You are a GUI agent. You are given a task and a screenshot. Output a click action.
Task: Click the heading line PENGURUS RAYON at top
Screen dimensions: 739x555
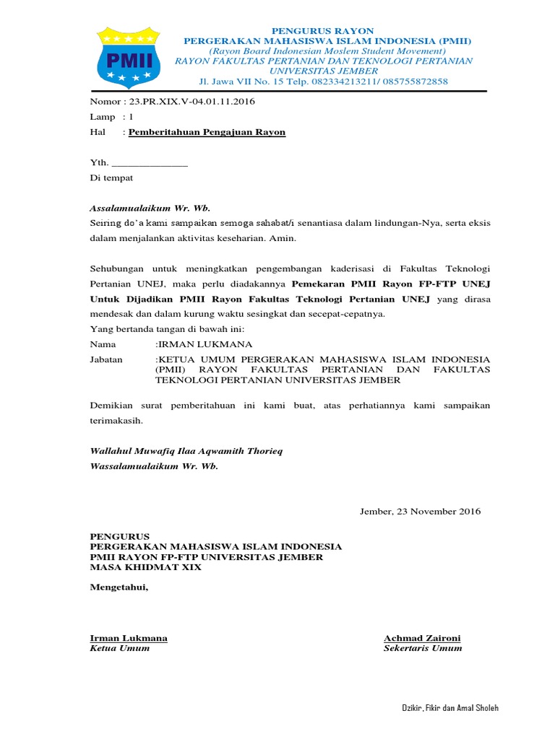323,31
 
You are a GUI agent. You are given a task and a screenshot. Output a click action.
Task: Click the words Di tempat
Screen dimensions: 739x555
111,178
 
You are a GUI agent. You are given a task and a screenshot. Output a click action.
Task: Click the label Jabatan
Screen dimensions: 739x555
106,359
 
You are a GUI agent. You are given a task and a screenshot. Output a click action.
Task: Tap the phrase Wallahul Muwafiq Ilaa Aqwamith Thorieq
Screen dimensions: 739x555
186,451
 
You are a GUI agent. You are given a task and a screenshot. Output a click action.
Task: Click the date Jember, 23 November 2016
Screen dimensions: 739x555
420,512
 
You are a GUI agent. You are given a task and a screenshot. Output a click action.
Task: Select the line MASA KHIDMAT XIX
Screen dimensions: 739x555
145,567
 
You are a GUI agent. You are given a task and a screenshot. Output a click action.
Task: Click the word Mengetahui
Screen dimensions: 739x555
119,587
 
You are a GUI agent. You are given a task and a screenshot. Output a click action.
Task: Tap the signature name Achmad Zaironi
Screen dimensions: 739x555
422,638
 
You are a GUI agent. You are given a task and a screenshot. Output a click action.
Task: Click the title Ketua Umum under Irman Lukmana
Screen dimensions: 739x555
119,648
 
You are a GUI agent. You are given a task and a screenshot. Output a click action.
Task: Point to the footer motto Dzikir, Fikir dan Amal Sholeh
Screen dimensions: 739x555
449,708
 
